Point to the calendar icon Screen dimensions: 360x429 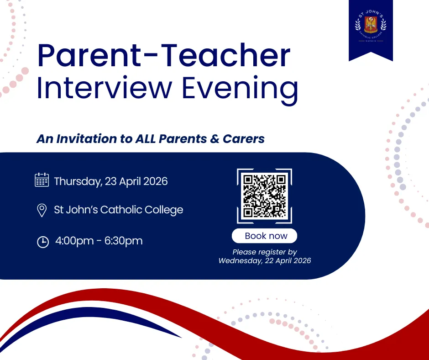(x=42, y=180)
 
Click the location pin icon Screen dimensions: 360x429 (x=42, y=211)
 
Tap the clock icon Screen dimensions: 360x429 (x=42, y=242)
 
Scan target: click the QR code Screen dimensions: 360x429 (x=264, y=196)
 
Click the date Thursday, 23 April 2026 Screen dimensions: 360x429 (x=111, y=181)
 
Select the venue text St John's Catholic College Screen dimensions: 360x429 (x=119, y=210)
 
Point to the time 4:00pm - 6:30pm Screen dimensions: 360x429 (x=99, y=241)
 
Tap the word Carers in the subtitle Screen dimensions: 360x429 (x=244, y=139)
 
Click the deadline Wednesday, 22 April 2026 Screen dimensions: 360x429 (x=265, y=261)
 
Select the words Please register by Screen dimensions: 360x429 (x=265, y=252)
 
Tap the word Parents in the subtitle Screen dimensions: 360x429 (x=184, y=139)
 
